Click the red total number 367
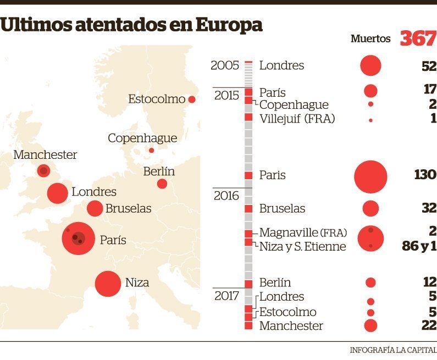point(417,38)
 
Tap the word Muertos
point(370,39)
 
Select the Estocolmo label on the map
point(157,99)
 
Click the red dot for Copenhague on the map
point(152,150)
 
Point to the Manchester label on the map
point(45,155)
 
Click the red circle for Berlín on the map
point(162,184)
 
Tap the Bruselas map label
point(128,209)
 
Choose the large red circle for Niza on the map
point(108,284)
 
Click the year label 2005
point(224,66)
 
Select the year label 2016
point(226,196)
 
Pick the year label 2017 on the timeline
point(226,296)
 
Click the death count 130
point(425,175)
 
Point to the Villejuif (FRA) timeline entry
point(297,119)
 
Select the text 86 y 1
point(419,246)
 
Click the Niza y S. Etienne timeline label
point(302,246)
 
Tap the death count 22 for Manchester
point(429,326)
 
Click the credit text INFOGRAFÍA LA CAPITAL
point(393,350)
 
